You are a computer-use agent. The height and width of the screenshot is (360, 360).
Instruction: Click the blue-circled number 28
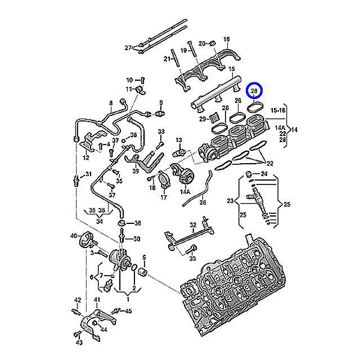coord(255,91)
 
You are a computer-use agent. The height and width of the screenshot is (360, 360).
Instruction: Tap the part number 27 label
coord(128,47)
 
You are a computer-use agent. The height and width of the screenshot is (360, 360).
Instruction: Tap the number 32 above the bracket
coord(192,225)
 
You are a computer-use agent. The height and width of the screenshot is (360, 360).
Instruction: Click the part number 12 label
coord(85,158)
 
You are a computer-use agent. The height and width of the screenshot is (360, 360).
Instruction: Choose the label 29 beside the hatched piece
coord(201,119)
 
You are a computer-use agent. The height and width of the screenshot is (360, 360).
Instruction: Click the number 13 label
coord(179,139)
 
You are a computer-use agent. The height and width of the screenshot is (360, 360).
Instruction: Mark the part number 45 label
coord(129,310)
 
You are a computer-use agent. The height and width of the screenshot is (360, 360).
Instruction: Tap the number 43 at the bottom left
coord(78,342)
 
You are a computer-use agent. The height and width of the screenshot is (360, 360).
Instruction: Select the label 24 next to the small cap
coord(265,174)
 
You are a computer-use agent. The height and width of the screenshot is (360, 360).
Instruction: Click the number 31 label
coord(88,175)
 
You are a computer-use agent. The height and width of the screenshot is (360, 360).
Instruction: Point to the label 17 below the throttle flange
coord(164,197)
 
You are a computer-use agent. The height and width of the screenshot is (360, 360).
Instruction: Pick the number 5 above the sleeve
coord(144,257)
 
